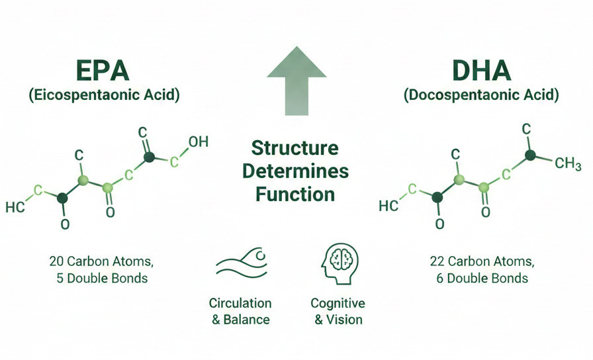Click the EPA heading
(x=103, y=71)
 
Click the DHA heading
(x=481, y=71)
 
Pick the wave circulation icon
(x=241, y=263)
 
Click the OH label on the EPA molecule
(x=198, y=141)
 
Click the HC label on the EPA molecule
(x=15, y=207)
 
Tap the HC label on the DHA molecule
(x=390, y=206)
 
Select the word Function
(x=295, y=195)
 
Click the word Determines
(x=295, y=171)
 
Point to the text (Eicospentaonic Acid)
(x=104, y=95)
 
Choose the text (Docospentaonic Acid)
(x=481, y=95)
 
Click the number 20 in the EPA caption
(x=56, y=260)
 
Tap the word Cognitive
(x=338, y=303)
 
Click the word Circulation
(x=240, y=303)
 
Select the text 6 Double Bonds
(x=482, y=278)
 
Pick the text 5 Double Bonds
(x=103, y=278)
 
